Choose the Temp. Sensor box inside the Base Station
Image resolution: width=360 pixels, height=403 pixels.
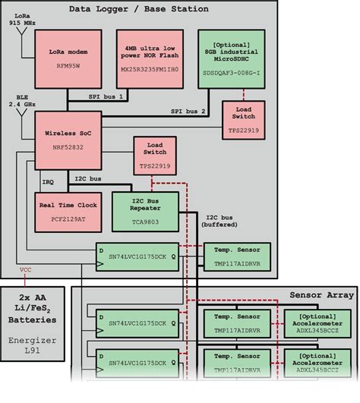[x=234, y=255]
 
